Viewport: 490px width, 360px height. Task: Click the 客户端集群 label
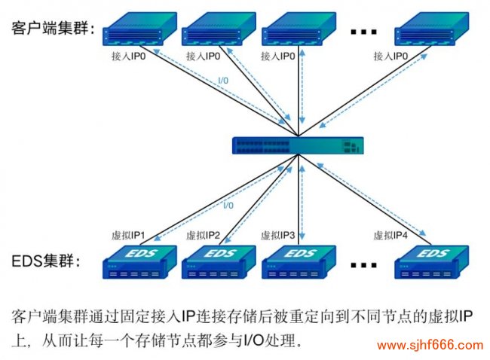pyautogui.click(x=52, y=29)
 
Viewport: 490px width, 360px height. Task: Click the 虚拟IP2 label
pyautogui.click(x=203, y=235)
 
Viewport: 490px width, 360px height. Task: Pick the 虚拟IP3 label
pyautogui.click(x=277, y=235)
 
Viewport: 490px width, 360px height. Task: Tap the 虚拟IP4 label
pyautogui.click(x=390, y=235)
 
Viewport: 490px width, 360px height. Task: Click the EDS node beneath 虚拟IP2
pyautogui.click(x=219, y=261)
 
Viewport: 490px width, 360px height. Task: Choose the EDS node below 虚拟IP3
pyautogui.click(x=297, y=261)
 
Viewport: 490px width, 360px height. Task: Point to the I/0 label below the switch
pyautogui.click(x=228, y=205)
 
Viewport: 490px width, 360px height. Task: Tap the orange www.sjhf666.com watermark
pyautogui.click(x=429, y=346)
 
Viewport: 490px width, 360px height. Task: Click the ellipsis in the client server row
pyautogui.click(x=363, y=33)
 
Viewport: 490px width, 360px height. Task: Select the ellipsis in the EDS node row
pyautogui.click(x=363, y=266)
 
